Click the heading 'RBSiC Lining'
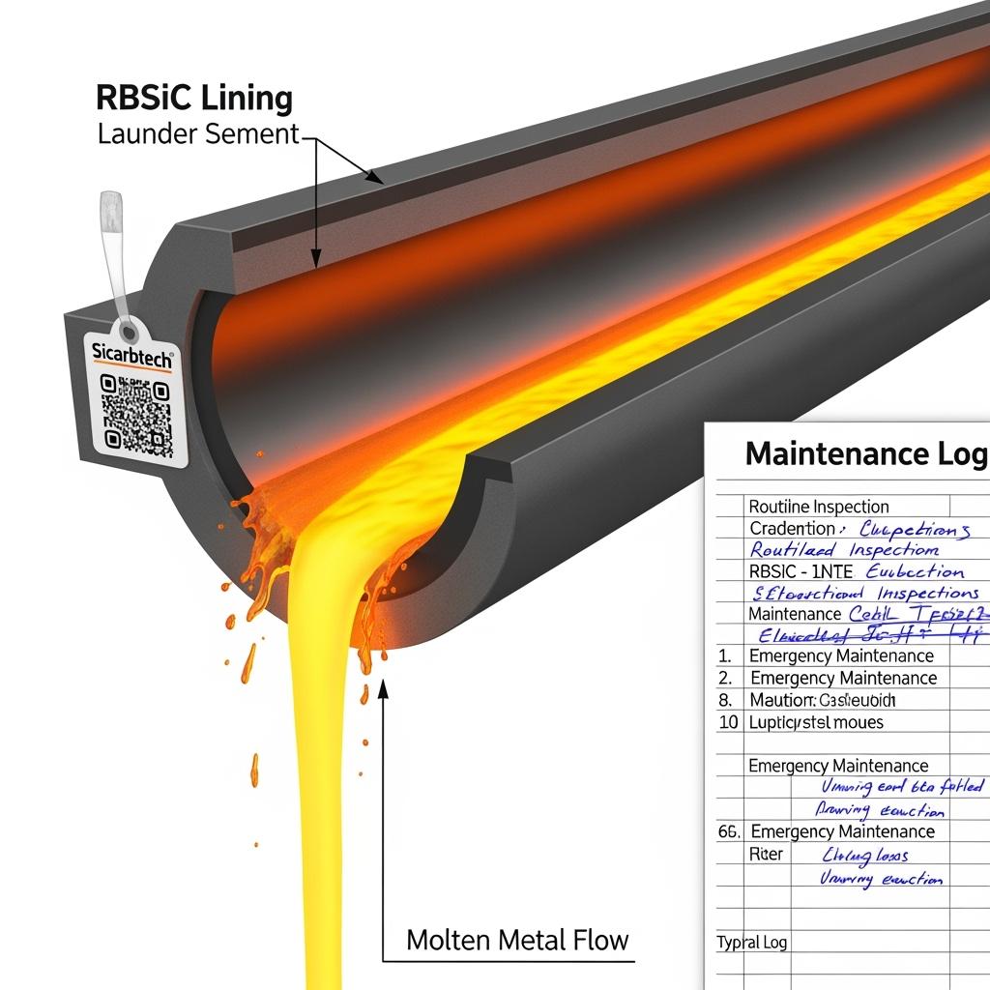pos(194,99)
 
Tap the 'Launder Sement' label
pos(199,134)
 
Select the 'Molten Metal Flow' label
pos(517,939)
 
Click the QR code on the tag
pos(136,416)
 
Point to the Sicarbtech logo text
pos(133,354)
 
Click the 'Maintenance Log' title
pos(866,453)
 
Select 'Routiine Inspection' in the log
pos(818,507)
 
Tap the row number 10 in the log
pos(729,722)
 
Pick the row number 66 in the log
pos(729,831)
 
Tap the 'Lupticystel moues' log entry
pos(816,722)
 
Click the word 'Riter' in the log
pos(767,855)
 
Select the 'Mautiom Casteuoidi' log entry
pos(823,700)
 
